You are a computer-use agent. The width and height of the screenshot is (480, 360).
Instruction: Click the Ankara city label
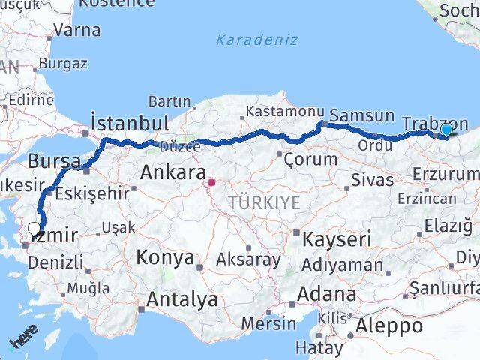(x=172, y=172)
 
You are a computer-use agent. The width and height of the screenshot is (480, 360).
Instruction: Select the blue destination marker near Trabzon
(x=446, y=130)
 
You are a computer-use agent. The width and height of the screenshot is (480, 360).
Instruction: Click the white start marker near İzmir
(x=34, y=229)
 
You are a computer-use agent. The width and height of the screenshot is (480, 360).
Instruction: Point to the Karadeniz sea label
(x=256, y=40)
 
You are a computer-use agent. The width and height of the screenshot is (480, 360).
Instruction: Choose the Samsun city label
(x=361, y=115)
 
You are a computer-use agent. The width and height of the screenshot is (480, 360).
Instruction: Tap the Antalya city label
(x=182, y=299)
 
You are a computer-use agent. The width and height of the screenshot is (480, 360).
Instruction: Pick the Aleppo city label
(x=389, y=325)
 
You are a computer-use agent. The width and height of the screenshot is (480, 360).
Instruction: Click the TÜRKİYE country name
(x=264, y=202)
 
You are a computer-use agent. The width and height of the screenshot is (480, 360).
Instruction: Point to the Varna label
(x=77, y=31)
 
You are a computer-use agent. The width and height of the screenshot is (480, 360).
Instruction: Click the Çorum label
(x=307, y=159)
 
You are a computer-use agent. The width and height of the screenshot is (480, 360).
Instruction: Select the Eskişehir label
(x=93, y=193)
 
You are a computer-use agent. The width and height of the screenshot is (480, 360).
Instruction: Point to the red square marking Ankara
(x=212, y=181)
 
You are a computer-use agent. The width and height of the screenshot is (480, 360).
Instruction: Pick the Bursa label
(x=54, y=160)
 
